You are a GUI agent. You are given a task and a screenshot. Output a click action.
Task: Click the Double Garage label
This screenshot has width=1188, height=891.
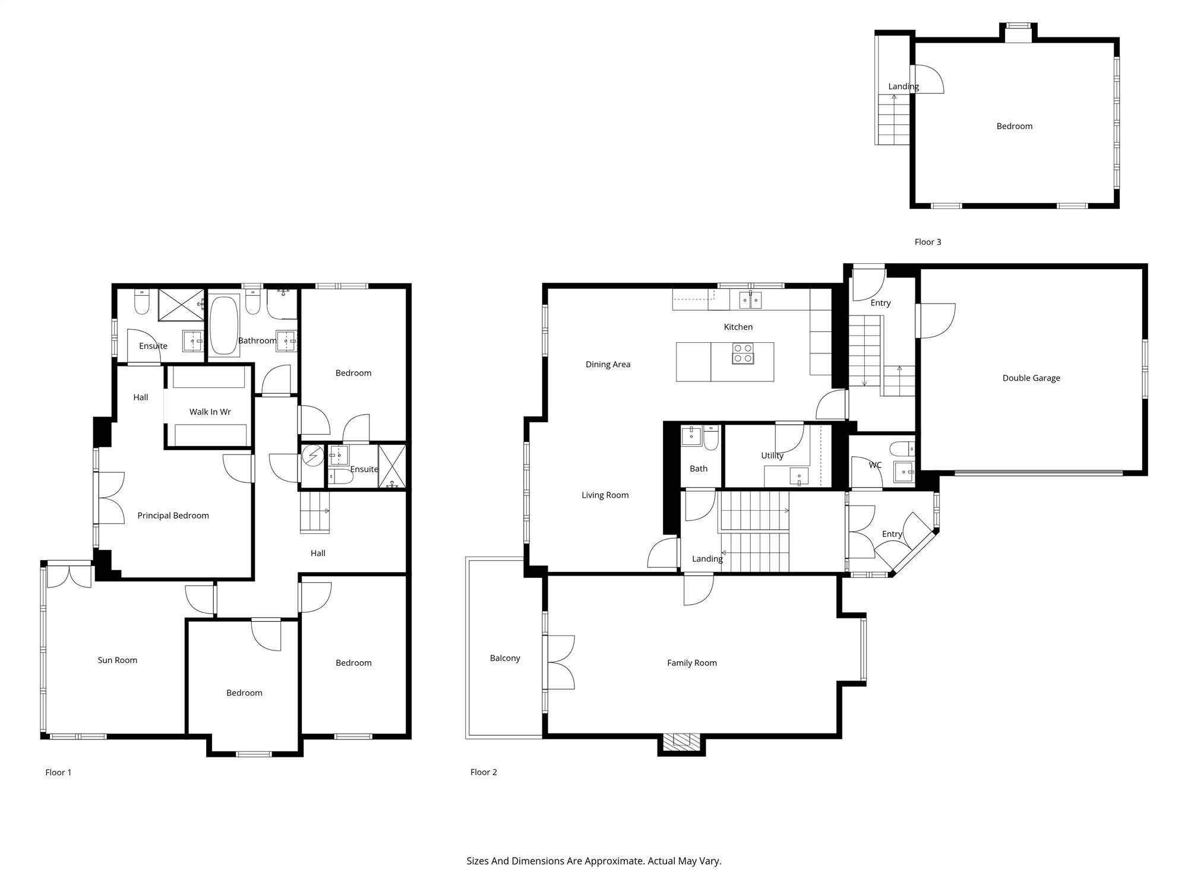point(1031,378)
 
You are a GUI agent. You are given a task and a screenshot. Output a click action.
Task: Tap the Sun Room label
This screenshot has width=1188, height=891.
point(118,660)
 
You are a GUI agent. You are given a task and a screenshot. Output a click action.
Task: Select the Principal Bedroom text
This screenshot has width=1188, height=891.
point(173,516)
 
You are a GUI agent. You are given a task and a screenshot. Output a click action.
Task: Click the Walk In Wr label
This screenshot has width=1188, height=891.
point(210,412)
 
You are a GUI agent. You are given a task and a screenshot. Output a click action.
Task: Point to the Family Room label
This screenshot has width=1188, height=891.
point(692,663)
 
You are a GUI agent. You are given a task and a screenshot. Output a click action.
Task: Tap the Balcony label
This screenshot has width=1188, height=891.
point(505,658)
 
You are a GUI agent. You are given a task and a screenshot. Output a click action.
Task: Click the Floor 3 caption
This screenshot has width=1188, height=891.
point(928,242)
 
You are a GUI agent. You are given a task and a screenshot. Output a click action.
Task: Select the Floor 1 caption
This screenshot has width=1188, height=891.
point(58,772)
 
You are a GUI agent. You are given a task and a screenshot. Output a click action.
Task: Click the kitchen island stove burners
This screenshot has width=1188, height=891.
point(743,353)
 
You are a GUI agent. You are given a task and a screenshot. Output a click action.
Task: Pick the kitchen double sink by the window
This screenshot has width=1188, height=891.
point(750,300)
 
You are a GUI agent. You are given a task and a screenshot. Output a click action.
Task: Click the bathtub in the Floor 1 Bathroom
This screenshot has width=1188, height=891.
point(224,326)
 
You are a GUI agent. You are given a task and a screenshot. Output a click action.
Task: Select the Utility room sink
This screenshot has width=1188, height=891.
point(799,476)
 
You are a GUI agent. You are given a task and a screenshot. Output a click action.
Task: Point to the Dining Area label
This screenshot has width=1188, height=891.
point(608,364)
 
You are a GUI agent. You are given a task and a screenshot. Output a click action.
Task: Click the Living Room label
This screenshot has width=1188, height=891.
point(605,495)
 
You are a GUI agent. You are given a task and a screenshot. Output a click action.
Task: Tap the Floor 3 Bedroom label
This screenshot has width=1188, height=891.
point(1014,126)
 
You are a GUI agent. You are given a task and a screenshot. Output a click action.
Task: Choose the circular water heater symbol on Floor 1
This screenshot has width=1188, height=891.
point(312,456)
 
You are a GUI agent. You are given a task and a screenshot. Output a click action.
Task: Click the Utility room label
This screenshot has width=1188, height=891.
point(772,456)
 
